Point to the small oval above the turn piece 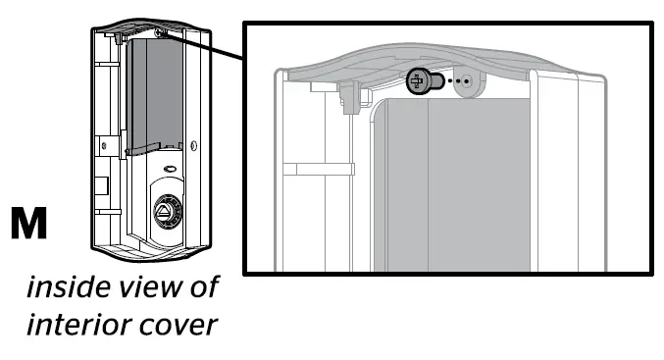pos(169,169)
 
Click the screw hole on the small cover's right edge pos(192,146)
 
